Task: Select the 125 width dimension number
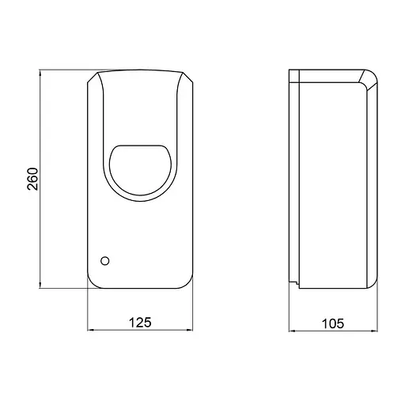139,322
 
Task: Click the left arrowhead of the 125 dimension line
89,331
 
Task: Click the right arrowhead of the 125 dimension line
191,331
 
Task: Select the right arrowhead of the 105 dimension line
377,331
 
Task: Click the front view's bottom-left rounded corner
91,282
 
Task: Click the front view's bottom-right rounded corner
188,282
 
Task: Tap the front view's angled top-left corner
93,77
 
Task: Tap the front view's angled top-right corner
186,77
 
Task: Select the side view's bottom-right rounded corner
373,282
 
